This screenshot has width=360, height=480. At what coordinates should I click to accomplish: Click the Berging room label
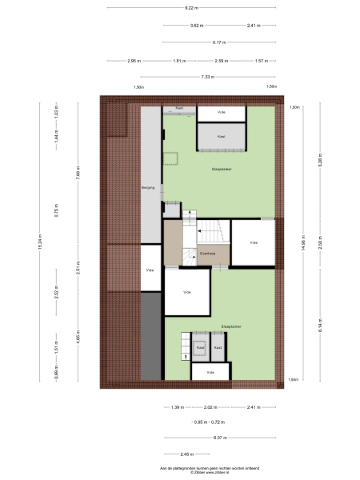(x=147, y=187)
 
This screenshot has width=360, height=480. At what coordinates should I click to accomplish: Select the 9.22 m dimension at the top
(x=191, y=8)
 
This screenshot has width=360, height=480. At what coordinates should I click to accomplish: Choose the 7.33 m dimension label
(x=208, y=77)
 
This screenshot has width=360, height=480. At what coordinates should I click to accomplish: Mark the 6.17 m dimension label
(x=219, y=42)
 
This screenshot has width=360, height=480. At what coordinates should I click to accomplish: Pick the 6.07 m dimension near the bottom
(x=219, y=438)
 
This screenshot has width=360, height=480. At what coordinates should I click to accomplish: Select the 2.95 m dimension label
(x=133, y=60)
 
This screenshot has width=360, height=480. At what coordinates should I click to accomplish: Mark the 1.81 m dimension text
(x=178, y=60)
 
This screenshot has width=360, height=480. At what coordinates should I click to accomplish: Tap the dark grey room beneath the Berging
(x=150, y=336)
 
